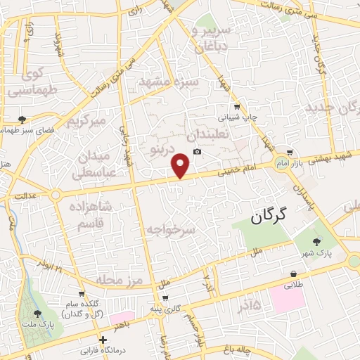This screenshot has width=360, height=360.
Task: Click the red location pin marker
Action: (x=181, y=165)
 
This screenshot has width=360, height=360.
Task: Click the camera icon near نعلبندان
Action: (x=197, y=153)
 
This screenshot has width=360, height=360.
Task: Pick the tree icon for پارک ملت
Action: (x=37, y=314)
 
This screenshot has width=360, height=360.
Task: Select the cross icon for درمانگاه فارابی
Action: (x=104, y=340)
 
